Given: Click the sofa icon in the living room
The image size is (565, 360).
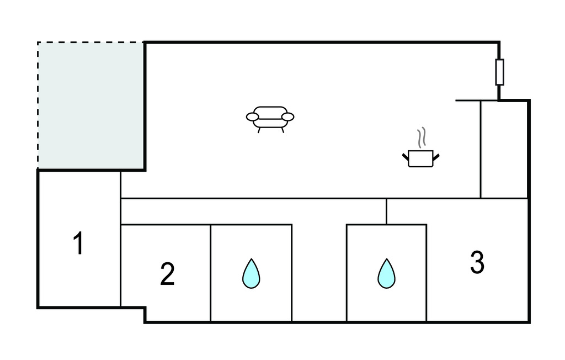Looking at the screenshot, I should tap(270, 117).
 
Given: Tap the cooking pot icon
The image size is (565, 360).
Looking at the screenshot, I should tap(420, 158).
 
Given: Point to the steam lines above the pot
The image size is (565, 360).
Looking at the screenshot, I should tap(422, 138).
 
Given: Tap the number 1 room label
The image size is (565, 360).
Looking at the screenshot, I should tap(79, 244).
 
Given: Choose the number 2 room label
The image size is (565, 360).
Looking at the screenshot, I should tap(167, 274).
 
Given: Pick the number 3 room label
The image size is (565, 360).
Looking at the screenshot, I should tap(477, 263).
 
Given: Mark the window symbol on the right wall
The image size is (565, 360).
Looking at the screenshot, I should tap(499, 72).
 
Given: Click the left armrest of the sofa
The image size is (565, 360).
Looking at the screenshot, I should tap(252, 117).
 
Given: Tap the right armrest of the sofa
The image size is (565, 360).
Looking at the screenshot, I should tap(287, 117).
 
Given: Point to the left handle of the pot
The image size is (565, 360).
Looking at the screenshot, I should tap(405, 156).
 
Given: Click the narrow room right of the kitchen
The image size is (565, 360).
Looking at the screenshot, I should tap(504, 149).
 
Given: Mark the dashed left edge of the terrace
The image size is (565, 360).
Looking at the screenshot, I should tap(38, 105).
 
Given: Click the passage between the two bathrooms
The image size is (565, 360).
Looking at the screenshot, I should tap(319, 271).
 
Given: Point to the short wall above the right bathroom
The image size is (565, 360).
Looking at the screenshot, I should tap(386, 211).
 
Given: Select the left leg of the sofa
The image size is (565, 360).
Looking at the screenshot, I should tap(259, 130).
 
